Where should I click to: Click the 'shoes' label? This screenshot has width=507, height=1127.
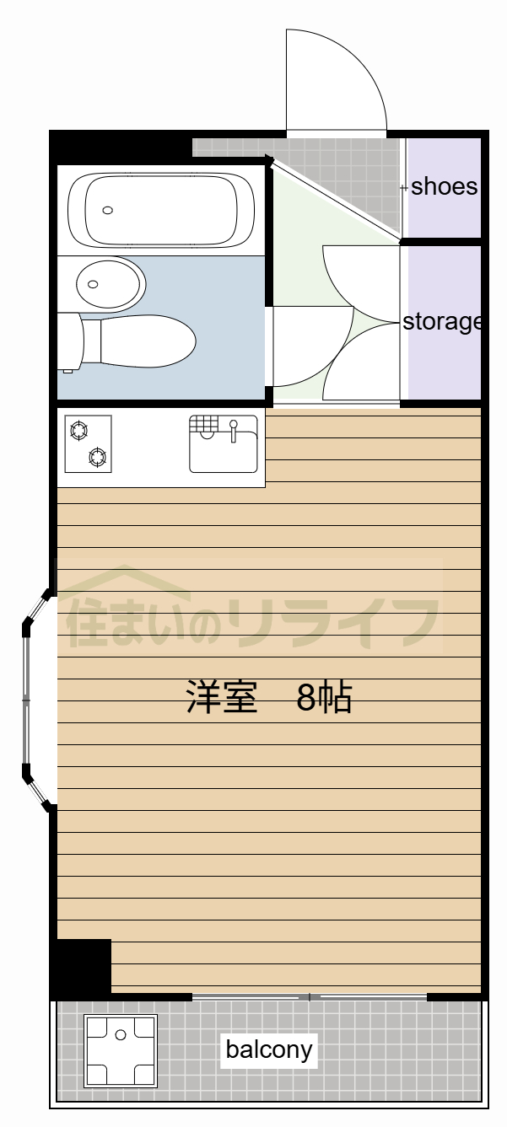click(x=444, y=186)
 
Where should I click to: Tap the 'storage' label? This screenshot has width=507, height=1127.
click(x=441, y=321)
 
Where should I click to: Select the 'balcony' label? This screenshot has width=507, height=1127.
click(x=268, y=1050)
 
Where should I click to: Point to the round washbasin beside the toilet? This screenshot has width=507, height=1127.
click(x=109, y=283)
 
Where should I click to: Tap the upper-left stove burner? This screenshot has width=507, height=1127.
click(x=78, y=431)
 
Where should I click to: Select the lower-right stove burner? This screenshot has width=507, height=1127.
click(x=99, y=458)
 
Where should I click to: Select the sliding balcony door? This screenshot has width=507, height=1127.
click(x=310, y=997)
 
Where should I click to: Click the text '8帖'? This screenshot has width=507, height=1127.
click(x=324, y=698)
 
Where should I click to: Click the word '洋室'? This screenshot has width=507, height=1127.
click(x=221, y=698)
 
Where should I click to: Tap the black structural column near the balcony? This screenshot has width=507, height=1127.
click(x=83, y=967)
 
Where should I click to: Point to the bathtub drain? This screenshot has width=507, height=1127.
click(x=107, y=210)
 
